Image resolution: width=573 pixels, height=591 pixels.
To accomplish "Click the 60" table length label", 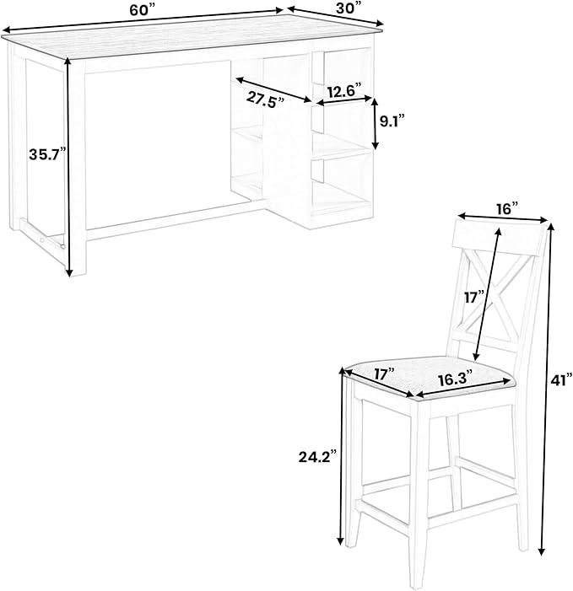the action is pyautogui.click(x=143, y=10).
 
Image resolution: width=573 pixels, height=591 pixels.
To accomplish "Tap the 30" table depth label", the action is pyautogui.click(x=349, y=8).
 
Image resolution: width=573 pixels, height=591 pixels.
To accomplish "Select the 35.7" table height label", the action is pyautogui.click(x=47, y=154).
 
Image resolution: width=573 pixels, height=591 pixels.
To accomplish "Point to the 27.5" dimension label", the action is pyautogui.click(x=265, y=99).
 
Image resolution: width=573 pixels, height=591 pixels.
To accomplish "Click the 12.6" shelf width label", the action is pyautogui.click(x=344, y=91).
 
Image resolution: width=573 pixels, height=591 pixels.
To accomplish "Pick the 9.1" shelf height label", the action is pyautogui.click(x=392, y=121).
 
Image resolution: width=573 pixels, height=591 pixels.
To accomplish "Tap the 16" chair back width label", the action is pyautogui.click(x=507, y=208).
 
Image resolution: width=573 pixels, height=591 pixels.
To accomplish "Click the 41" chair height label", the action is pyautogui.click(x=562, y=381).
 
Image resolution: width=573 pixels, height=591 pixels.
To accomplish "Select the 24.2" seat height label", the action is pyautogui.click(x=317, y=457).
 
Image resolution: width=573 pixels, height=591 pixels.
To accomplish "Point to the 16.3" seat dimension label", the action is pyautogui.click(x=456, y=379).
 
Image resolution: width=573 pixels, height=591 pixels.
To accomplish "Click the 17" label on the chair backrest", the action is pyautogui.click(x=474, y=297).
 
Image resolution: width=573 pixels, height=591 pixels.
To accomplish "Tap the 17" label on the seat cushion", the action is pyautogui.click(x=384, y=374).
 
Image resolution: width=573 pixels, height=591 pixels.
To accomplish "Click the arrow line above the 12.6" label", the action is pyautogui.click(x=344, y=100).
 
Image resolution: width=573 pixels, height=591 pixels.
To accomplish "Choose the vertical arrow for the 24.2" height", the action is pyautogui.click(x=342, y=456).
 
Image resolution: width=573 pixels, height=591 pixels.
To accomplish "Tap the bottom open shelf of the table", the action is pyautogui.click(x=342, y=200).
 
